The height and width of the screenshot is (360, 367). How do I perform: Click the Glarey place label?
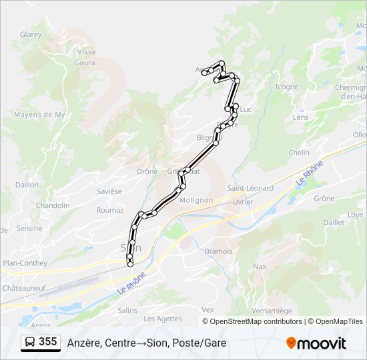(31, 35)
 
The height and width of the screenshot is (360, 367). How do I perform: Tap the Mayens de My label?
(39, 115)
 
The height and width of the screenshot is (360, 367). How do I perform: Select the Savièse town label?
(109, 191)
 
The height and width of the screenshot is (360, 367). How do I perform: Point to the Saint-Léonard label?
(250, 188)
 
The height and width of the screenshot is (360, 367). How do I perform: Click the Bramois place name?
(219, 251)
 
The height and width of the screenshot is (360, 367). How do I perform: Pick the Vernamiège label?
(272, 311)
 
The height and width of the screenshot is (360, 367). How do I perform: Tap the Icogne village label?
(287, 87)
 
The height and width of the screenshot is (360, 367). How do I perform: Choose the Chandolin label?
(53, 205)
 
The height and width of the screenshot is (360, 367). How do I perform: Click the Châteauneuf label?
(23, 288)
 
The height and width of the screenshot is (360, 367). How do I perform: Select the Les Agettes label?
(167, 319)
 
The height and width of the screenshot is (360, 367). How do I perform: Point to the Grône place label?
(324, 199)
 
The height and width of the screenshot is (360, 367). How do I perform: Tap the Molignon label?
(196, 200)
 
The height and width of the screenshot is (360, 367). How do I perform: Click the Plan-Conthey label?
(25, 263)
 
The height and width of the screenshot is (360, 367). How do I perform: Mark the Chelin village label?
(299, 153)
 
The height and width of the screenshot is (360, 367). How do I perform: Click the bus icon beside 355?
(31, 342)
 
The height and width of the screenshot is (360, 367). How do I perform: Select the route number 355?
(48, 342)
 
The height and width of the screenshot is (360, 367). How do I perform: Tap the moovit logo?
(316, 343)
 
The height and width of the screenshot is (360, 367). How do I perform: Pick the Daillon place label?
(27, 185)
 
